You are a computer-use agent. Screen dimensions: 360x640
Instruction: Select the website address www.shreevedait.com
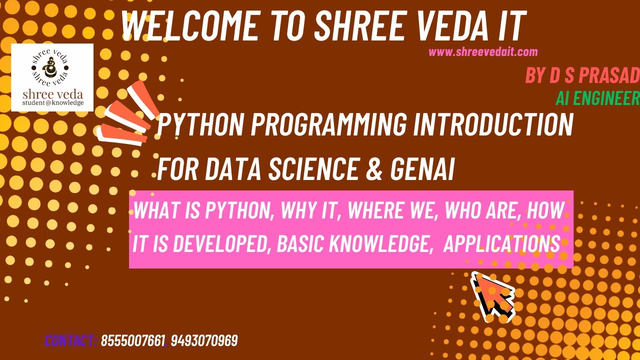(483, 51)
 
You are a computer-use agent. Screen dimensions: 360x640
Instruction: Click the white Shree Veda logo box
(52, 77)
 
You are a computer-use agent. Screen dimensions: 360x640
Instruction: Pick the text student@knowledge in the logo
(52, 103)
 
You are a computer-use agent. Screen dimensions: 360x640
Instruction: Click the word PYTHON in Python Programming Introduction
(200, 125)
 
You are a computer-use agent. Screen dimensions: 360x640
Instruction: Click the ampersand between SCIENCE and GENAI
(374, 169)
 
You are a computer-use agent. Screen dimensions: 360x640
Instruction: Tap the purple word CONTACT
(70, 341)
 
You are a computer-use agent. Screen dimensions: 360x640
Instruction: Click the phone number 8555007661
(133, 341)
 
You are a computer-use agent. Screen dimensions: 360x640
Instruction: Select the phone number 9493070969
(204, 341)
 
